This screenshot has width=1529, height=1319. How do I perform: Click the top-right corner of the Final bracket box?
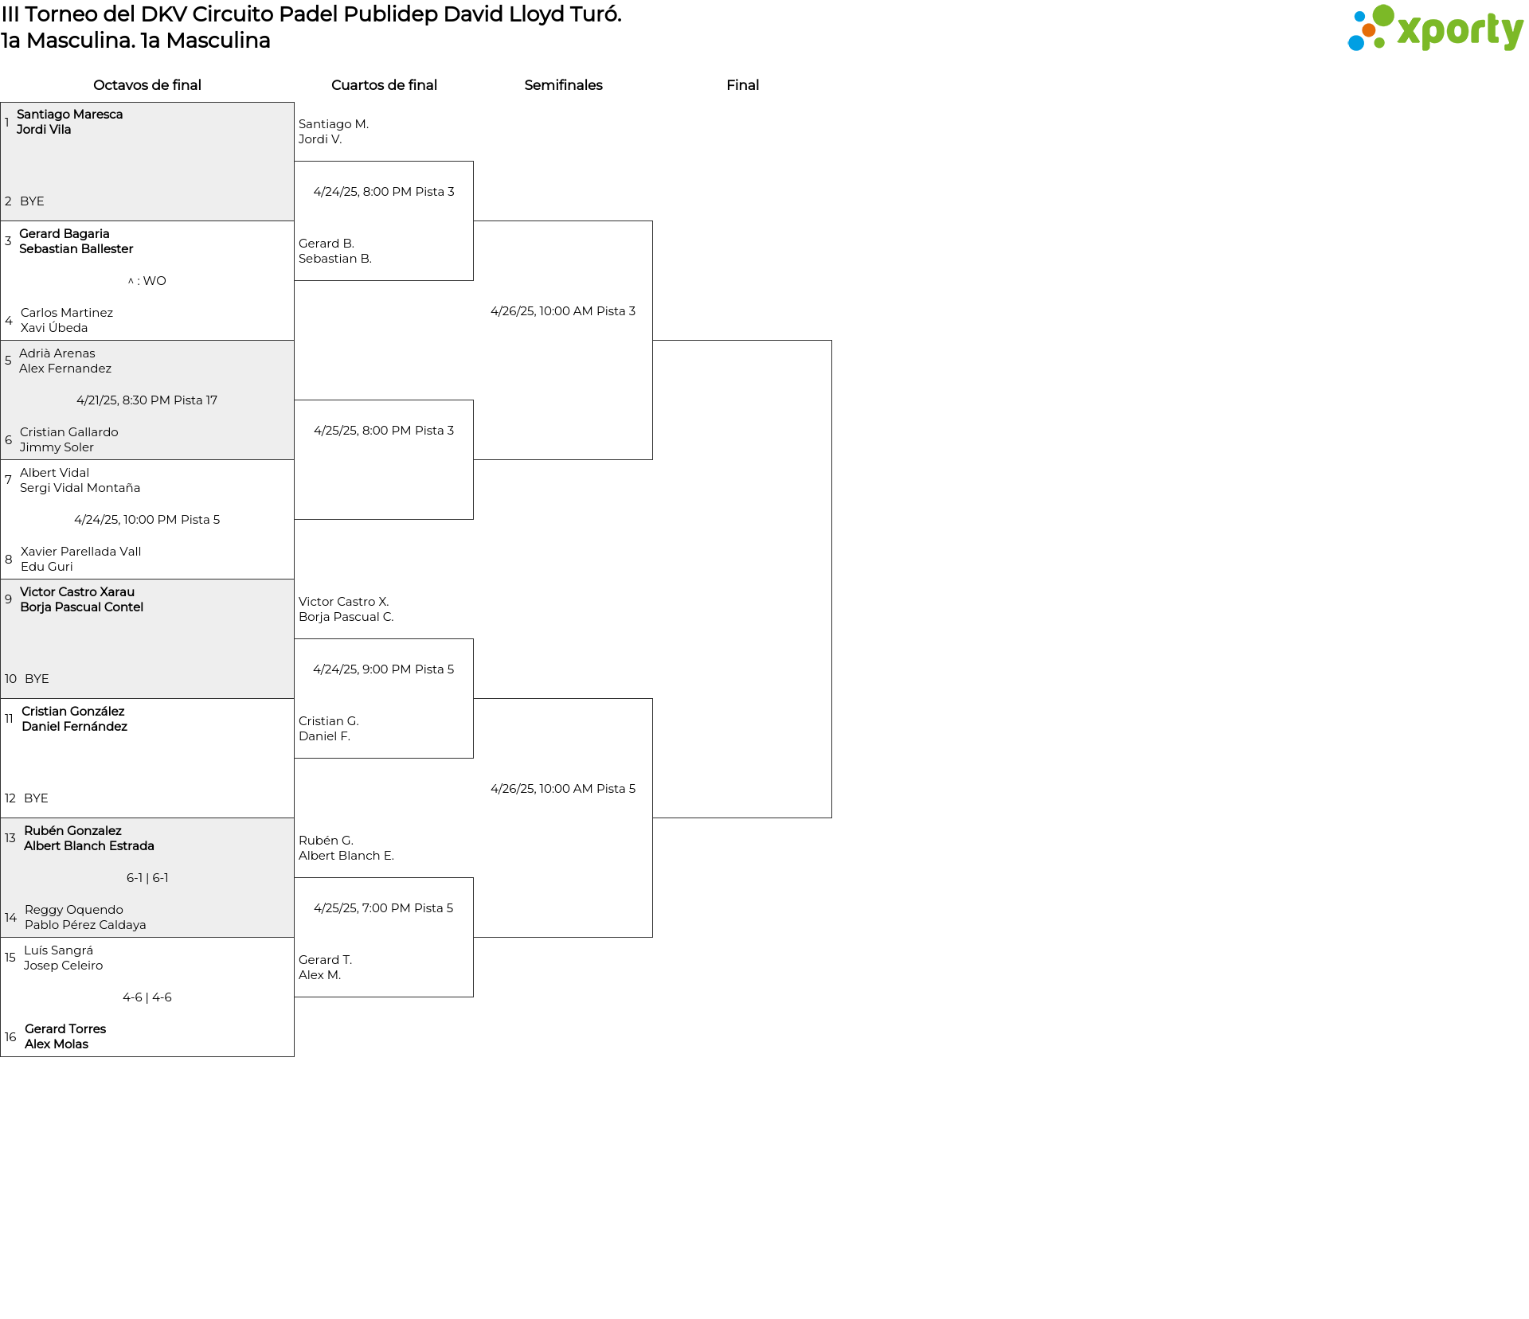pos(831,341)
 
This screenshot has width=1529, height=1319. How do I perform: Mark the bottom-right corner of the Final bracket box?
pos(831,818)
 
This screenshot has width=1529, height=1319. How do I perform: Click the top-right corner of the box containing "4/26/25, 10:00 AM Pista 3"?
pos(652,221)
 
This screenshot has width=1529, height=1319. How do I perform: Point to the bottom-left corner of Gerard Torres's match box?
pos(1,1056)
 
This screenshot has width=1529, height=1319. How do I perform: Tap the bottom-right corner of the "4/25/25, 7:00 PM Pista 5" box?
pos(473,997)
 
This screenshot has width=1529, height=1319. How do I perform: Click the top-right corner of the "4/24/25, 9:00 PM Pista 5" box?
pos(473,639)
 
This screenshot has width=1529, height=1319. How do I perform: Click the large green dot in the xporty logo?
pos(1383,15)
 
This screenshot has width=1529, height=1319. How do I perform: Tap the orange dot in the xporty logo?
pos(1368,30)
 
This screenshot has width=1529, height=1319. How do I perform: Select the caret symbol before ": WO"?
pos(131,281)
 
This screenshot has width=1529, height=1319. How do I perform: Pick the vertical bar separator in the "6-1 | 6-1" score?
pos(147,878)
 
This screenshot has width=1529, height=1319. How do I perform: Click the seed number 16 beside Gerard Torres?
pos(10,1037)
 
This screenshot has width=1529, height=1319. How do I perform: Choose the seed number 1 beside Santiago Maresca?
pos(7,123)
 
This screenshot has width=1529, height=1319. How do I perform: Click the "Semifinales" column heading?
pos(563,85)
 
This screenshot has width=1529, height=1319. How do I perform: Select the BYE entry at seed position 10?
pos(37,679)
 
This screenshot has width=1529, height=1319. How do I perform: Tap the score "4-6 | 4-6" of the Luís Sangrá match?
pos(147,997)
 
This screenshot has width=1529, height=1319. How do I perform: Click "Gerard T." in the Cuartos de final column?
pos(325,960)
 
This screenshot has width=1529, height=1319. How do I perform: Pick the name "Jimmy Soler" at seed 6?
pos(57,447)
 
